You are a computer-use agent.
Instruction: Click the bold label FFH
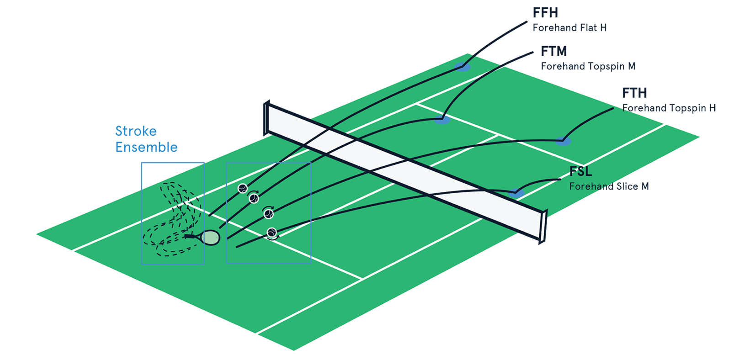coord(545,13)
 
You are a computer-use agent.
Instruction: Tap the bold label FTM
coord(554,51)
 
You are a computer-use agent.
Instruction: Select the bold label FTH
coord(634,93)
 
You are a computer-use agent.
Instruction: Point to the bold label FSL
coord(580,172)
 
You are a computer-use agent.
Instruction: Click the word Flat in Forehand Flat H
coord(589,28)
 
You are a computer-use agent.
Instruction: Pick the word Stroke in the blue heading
coord(136,132)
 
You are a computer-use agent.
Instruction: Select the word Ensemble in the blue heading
coord(146,147)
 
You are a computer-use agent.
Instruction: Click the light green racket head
coord(211,238)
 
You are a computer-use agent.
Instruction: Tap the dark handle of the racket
coord(191,236)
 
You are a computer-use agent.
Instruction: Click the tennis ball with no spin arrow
coord(242,188)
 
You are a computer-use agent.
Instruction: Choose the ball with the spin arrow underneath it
coord(272,233)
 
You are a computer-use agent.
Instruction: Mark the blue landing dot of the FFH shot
coord(463,68)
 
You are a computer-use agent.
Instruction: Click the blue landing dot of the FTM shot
coord(441,121)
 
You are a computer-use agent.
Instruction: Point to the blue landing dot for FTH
coord(563,142)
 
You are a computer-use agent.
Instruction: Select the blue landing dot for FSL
coord(516,194)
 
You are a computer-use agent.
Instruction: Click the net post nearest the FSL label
coord(543,226)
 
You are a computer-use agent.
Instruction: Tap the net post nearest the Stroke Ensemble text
coord(266,118)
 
